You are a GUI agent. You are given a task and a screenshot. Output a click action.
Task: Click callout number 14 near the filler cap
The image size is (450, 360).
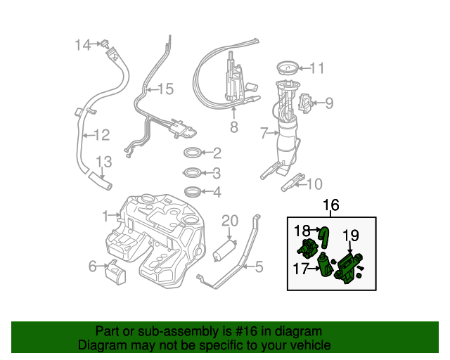click(x=83, y=45)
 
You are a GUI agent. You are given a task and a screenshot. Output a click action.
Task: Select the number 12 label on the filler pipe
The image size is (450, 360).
click(x=102, y=134)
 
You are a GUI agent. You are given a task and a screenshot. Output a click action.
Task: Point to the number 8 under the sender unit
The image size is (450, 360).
click(x=233, y=127)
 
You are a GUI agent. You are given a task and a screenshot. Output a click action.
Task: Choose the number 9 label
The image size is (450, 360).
click(x=328, y=103)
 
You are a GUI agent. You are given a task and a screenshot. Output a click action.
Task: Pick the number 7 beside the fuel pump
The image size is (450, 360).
click(x=264, y=132)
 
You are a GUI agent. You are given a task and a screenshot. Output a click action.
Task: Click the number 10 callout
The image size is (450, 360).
click(x=314, y=184)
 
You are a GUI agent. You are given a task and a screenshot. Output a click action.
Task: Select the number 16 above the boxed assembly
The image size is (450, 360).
click(x=330, y=205)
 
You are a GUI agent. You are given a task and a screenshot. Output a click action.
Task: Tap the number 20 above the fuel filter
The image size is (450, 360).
click(x=230, y=221)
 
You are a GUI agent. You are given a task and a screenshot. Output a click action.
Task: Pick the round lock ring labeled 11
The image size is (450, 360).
click(x=286, y=68)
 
